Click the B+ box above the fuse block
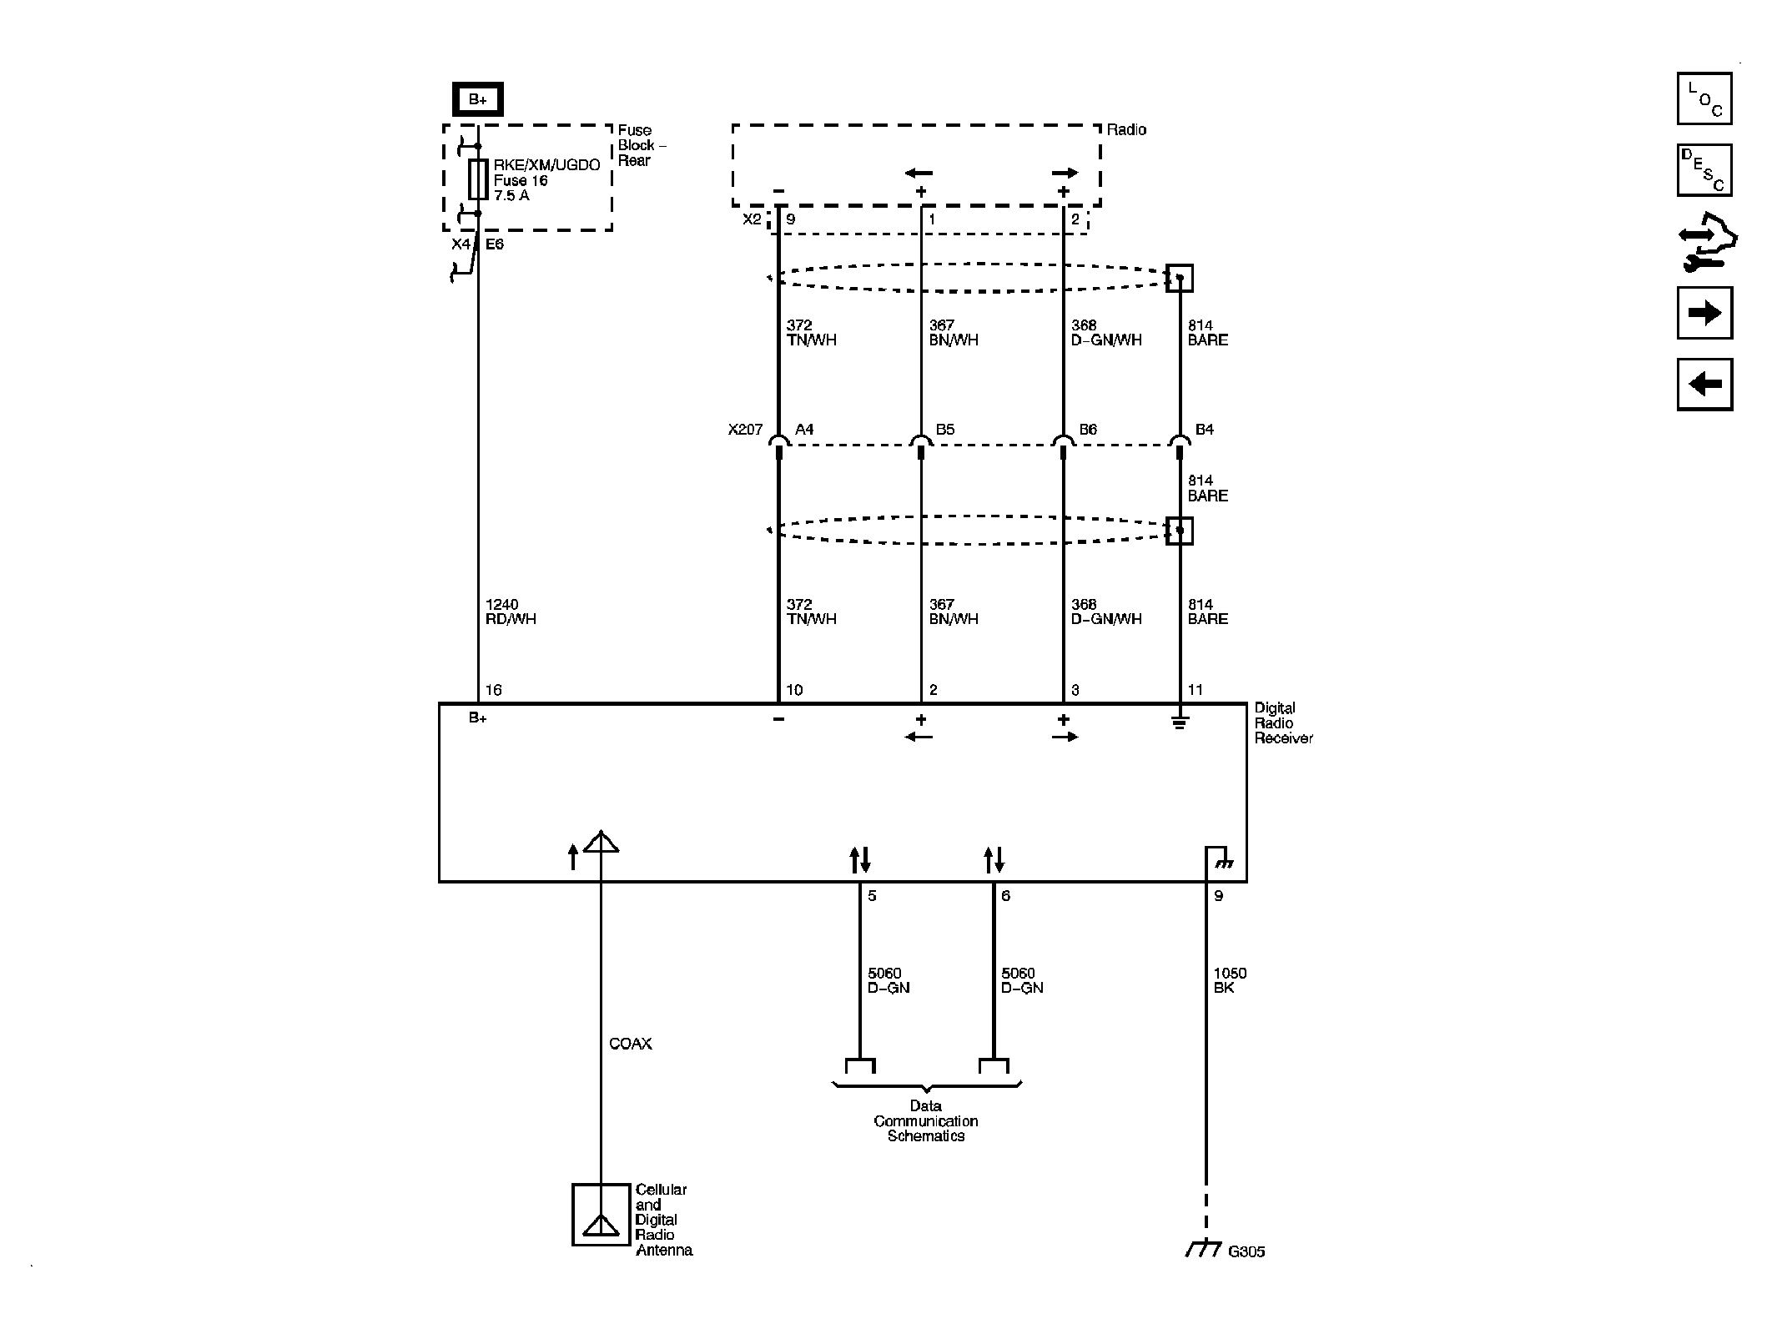477,99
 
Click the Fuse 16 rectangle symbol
477,179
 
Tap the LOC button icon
1704,98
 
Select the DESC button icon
1704,170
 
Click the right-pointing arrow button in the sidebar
1704,313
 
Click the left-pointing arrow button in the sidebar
1704,385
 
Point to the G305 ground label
1246,1275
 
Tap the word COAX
630,1044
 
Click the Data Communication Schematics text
925,1120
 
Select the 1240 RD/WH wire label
510,612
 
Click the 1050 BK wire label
1229,980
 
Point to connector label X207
744,430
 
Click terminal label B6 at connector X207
1087,430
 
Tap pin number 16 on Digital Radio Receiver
493,690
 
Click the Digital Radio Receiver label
1282,723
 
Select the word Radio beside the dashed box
1125,129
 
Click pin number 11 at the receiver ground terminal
1195,690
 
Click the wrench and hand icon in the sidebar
1705,242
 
